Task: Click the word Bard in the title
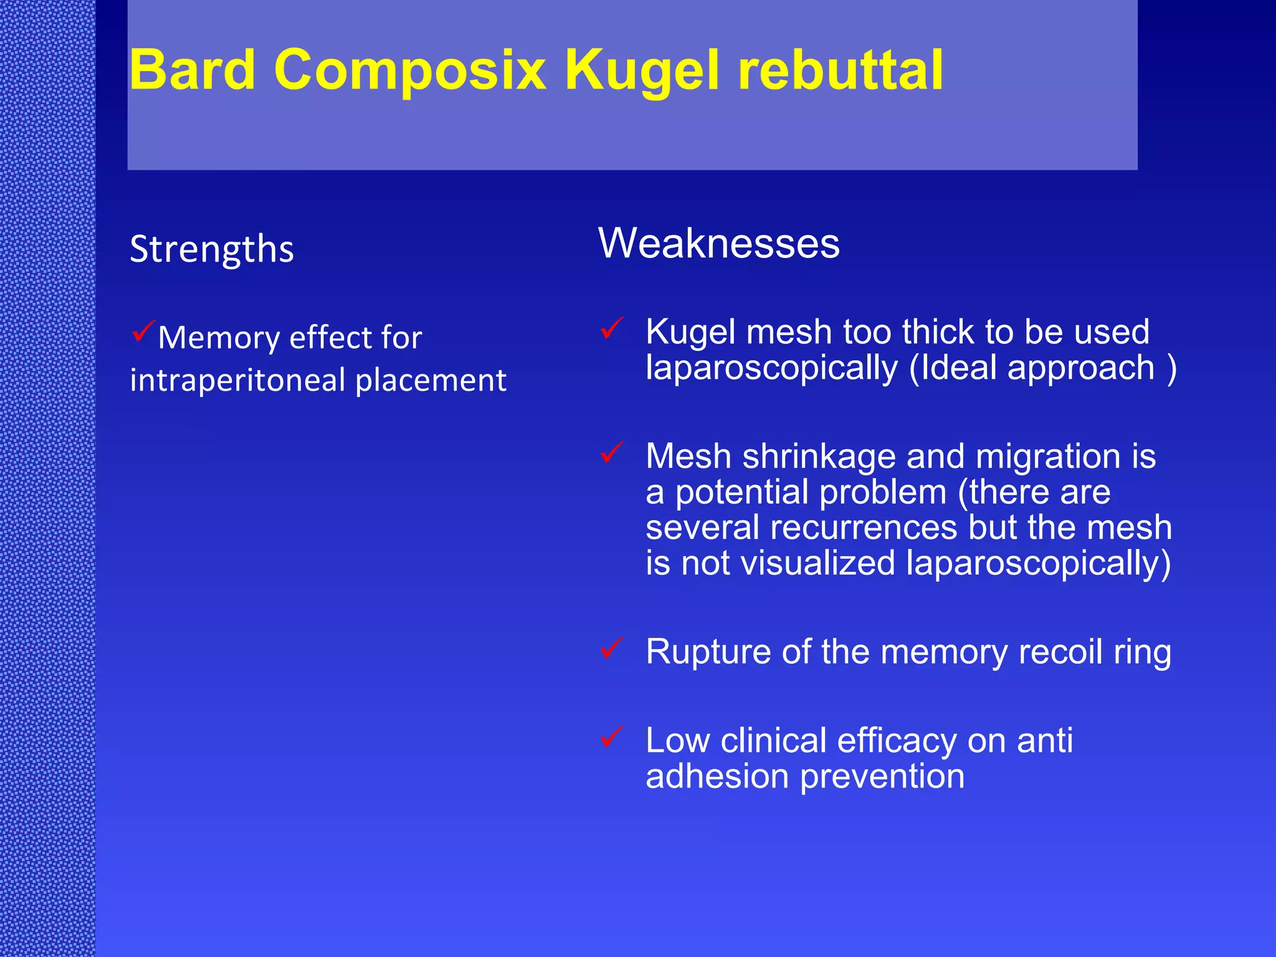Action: pos(193,70)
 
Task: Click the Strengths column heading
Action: pos(212,249)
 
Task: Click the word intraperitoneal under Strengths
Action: pos(237,380)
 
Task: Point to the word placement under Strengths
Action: pos(431,380)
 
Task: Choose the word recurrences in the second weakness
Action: pos(863,527)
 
